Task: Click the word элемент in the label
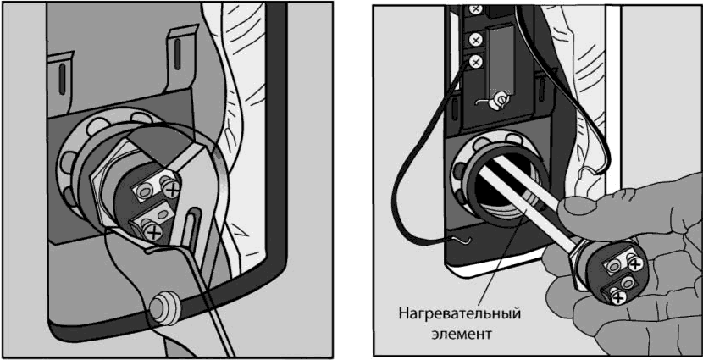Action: click(x=461, y=334)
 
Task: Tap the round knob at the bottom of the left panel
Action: click(x=163, y=308)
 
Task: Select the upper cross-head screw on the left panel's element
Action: click(x=171, y=191)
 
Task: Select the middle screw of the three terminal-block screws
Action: click(x=475, y=40)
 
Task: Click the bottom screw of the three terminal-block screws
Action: click(x=475, y=60)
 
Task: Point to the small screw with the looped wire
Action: click(x=500, y=98)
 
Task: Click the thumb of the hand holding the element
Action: click(x=583, y=204)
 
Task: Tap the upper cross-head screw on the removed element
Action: click(x=635, y=265)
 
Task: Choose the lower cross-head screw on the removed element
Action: click(x=618, y=296)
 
